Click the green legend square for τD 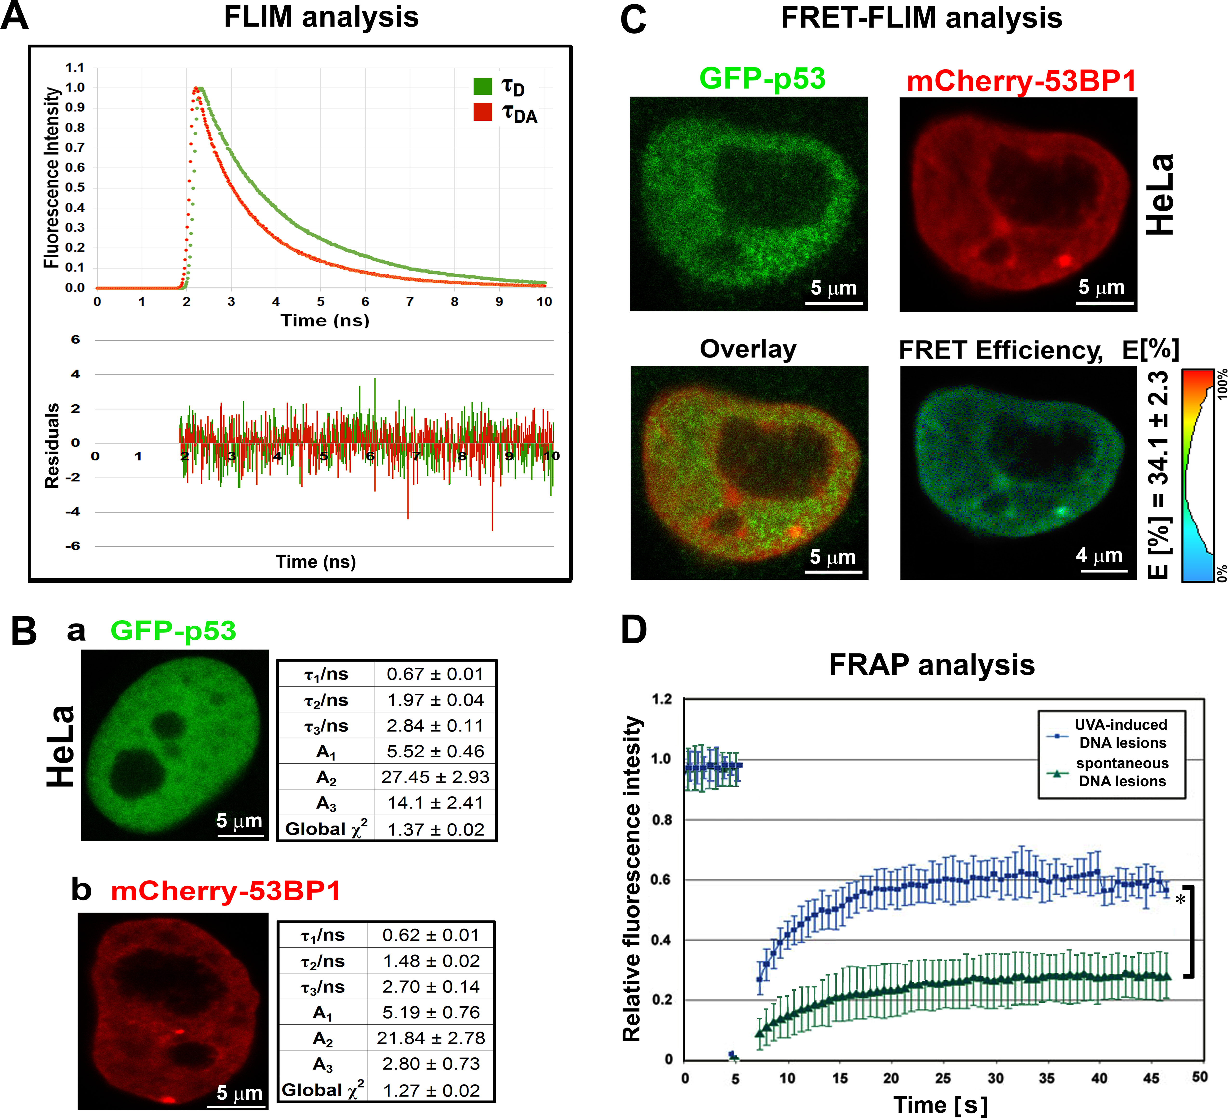(482, 87)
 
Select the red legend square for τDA (482, 112)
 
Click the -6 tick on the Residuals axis (73, 546)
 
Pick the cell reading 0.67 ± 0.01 (435, 674)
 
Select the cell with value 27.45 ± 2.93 (435, 777)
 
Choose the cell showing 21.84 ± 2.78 (431, 1038)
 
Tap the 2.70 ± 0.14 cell (431, 987)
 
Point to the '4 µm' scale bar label (1099, 555)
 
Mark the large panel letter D (634, 630)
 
